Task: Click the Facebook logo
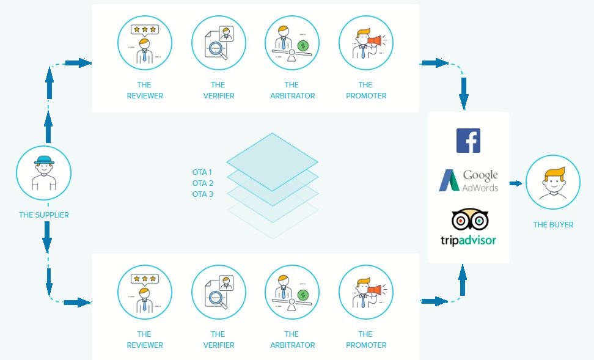click(468, 141)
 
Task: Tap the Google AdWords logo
click(469, 180)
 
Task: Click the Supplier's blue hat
click(45, 160)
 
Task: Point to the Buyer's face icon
click(553, 182)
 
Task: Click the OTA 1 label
click(202, 172)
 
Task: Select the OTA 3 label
click(203, 194)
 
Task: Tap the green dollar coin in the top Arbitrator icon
click(302, 46)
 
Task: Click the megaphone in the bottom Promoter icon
click(374, 290)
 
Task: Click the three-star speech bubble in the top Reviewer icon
click(145, 30)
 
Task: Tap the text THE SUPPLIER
click(44, 215)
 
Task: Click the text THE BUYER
click(553, 225)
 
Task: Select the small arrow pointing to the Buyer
click(516, 183)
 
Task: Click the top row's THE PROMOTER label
click(366, 90)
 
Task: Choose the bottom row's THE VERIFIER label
click(219, 340)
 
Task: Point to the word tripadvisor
click(468, 240)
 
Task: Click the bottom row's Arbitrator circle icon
click(292, 292)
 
